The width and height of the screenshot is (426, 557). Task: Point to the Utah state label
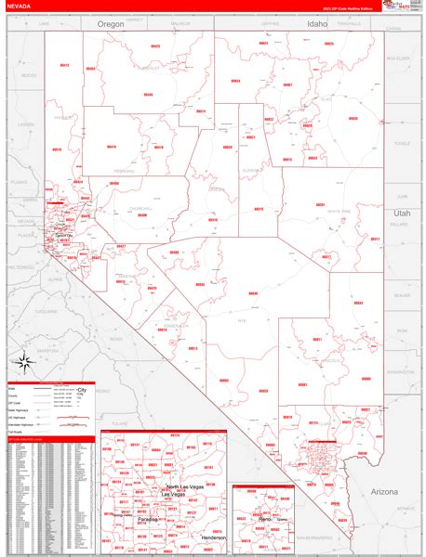point(400,213)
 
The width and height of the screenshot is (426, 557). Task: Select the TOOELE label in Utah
point(402,143)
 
